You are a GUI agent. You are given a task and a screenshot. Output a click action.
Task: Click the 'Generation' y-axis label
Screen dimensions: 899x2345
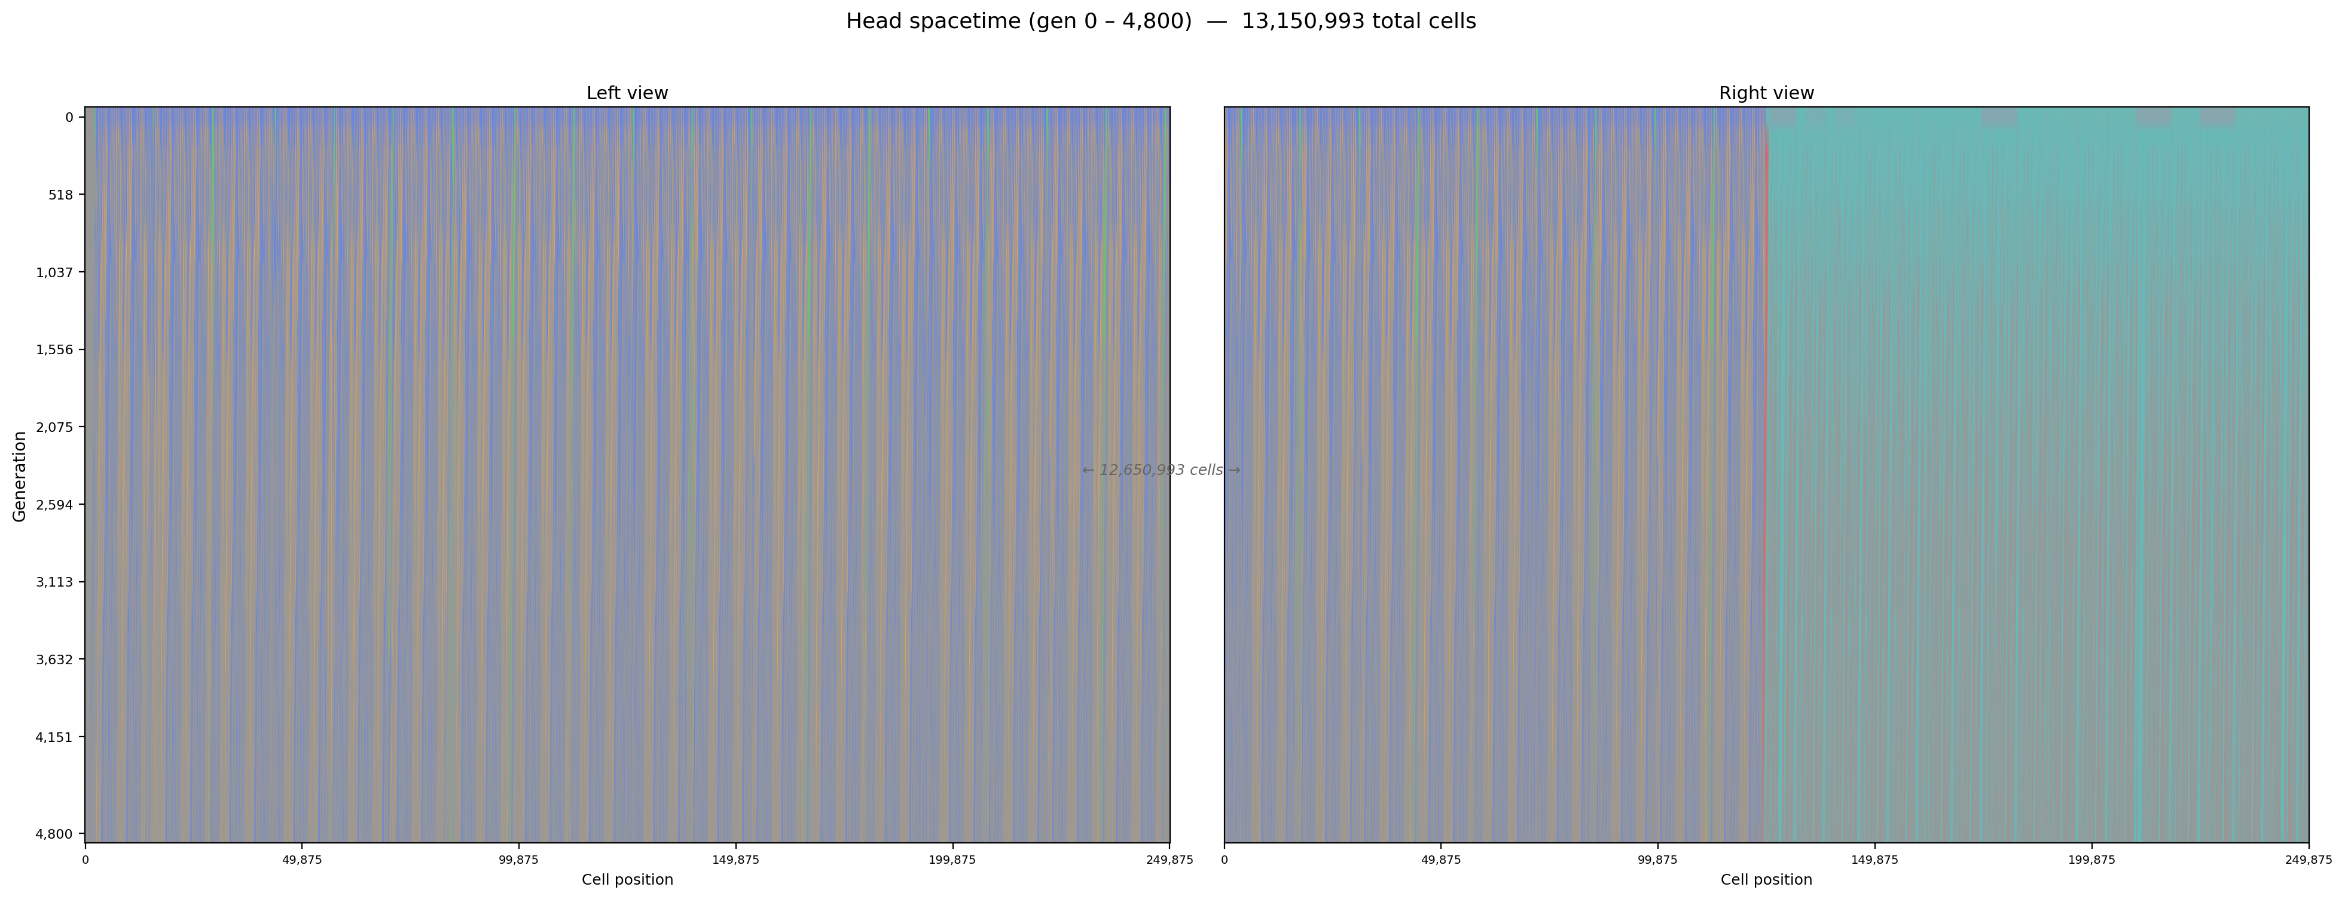(x=20, y=476)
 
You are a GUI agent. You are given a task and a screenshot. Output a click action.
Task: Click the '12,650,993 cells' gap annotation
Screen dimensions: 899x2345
(x=1161, y=471)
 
